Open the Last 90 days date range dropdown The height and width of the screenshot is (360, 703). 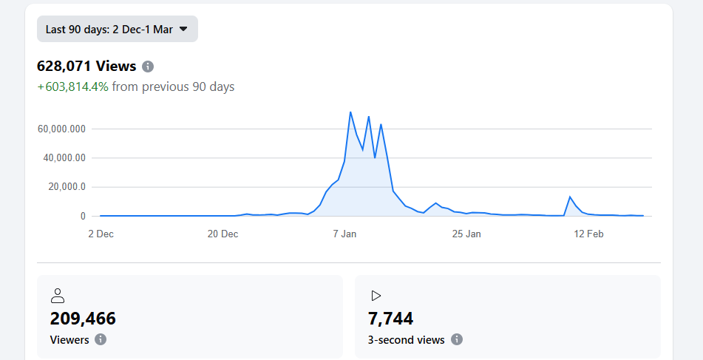click(x=117, y=29)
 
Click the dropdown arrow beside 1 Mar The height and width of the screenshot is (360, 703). click(x=183, y=29)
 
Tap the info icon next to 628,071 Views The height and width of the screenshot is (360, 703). click(x=148, y=67)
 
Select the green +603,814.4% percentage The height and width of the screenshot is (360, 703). click(x=72, y=86)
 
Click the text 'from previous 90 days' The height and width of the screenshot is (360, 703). click(x=173, y=86)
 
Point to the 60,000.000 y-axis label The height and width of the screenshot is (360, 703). click(x=61, y=129)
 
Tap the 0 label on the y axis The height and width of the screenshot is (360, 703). click(x=84, y=216)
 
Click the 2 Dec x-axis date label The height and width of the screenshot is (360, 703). click(x=101, y=234)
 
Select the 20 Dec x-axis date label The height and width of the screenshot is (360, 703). click(x=223, y=234)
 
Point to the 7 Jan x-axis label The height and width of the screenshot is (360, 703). click(x=344, y=234)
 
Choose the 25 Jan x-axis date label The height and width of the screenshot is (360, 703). click(x=466, y=234)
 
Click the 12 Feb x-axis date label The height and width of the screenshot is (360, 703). click(x=588, y=234)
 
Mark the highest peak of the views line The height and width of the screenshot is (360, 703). click(x=350, y=112)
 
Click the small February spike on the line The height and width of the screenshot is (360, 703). click(x=570, y=197)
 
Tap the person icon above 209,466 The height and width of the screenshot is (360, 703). click(x=58, y=296)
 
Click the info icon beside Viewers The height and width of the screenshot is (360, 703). click(x=101, y=339)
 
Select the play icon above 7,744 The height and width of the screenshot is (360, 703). click(x=376, y=296)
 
